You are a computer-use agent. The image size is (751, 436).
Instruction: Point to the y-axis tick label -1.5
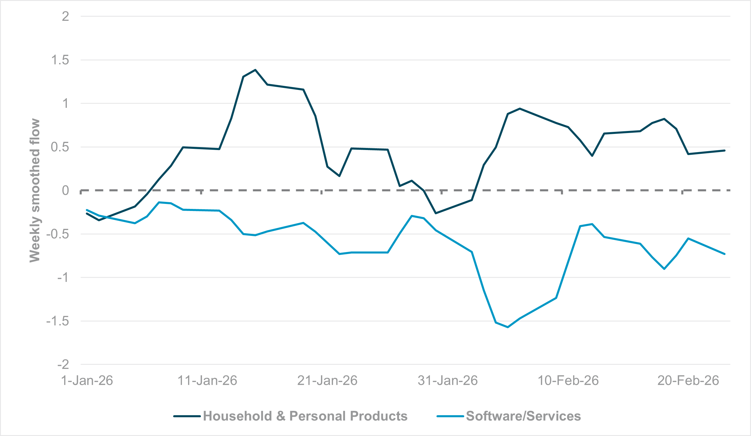(x=57, y=321)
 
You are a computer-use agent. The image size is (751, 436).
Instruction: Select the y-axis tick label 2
(x=65, y=16)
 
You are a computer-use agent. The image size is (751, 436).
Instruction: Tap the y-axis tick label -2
(x=63, y=365)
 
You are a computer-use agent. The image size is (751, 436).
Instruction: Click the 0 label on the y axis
(x=65, y=190)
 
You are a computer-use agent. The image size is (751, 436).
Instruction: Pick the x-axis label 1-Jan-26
(x=87, y=381)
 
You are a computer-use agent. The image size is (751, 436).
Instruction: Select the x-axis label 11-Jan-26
(x=207, y=381)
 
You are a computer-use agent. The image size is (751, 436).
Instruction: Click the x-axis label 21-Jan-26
(x=327, y=381)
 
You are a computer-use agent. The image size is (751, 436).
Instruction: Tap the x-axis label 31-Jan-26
(x=448, y=381)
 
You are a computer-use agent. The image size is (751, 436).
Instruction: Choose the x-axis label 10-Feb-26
(x=568, y=381)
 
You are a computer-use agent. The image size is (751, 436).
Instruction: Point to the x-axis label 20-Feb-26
(x=688, y=381)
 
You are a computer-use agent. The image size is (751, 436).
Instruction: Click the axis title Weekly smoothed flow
(x=35, y=190)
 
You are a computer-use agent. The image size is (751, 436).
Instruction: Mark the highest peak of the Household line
(x=255, y=70)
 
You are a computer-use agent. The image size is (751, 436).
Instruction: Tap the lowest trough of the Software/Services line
(x=508, y=327)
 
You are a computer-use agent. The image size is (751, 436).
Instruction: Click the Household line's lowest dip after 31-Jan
(x=436, y=213)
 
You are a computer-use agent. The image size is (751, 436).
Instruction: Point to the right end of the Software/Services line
(x=724, y=254)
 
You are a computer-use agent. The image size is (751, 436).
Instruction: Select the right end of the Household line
(x=724, y=151)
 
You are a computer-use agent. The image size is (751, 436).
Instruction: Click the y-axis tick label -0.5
(x=57, y=234)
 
